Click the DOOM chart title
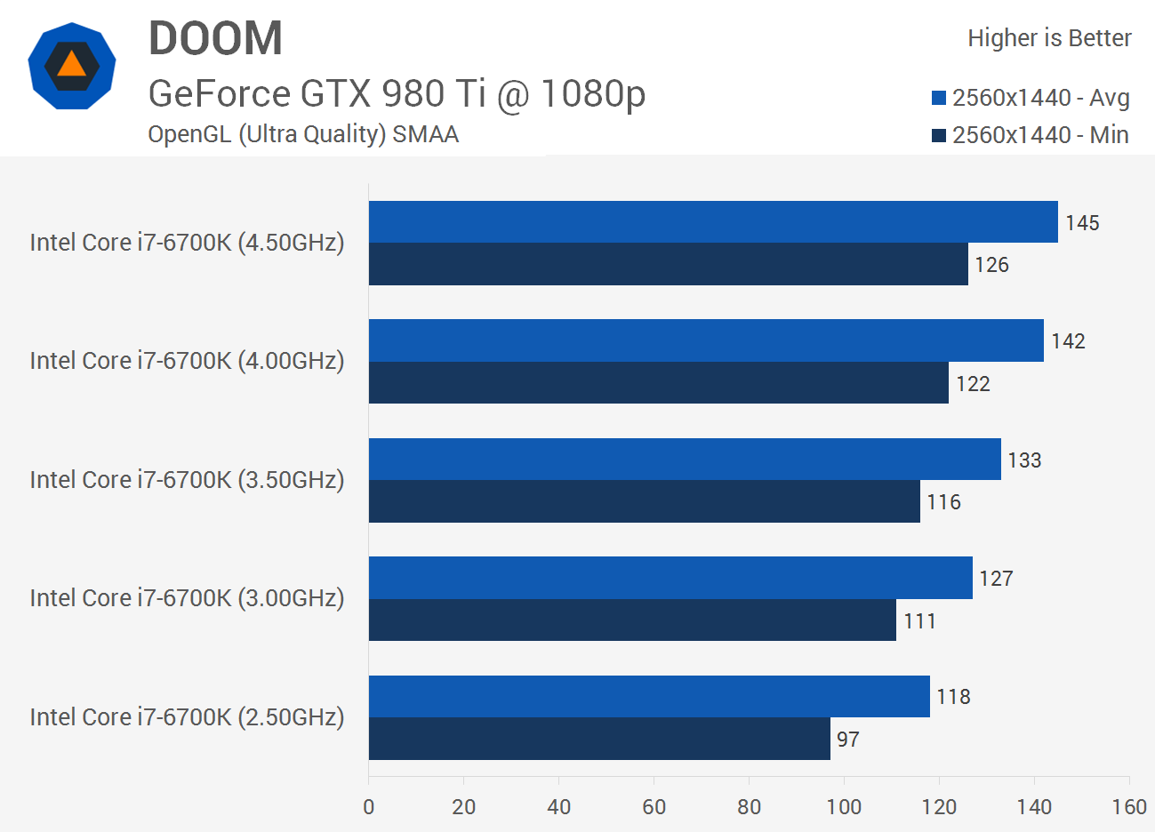[215, 39]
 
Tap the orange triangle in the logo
[71, 65]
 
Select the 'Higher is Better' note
[1049, 38]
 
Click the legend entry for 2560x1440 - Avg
[1031, 98]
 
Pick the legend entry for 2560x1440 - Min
[1031, 135]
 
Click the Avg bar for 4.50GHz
[713, 222]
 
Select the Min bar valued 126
[669, 264]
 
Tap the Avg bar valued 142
[706, 340]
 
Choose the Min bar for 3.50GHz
[645, 501]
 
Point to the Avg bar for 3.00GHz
[670, 578]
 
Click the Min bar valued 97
[599, 739]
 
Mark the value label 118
[953, 697]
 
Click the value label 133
[1024, 460]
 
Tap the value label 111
[919, 621]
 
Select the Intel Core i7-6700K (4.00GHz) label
[187, 361]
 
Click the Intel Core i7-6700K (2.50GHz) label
[187, 717]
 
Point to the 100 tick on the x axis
[844, 807]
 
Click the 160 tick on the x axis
[1129, 807]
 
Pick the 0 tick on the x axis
[369, 807]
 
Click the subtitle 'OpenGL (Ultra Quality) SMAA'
[303, 134]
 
